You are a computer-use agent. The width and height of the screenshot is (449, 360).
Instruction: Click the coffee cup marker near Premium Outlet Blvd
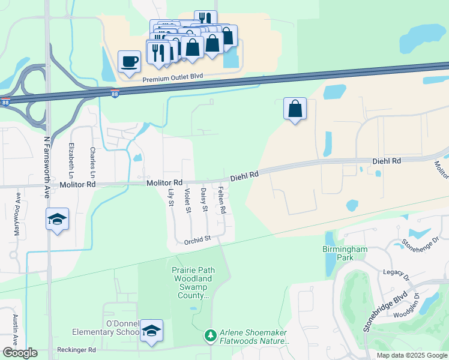coord(130,61)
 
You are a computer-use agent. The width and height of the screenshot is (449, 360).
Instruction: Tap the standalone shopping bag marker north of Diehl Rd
coord(295,109)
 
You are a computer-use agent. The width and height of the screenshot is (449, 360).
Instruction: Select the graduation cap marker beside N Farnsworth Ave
coord(57,219)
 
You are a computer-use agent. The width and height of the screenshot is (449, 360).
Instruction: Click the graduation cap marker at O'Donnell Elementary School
coord(152,331)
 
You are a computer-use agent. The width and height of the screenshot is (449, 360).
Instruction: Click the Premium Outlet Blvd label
coord(173,77)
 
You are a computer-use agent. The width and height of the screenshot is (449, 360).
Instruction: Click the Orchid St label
coord(197,239)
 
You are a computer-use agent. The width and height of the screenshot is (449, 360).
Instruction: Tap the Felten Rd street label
coord(221,201)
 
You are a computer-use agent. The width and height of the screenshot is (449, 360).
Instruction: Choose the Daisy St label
coord(204,200)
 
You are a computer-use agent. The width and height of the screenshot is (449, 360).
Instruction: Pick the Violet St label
coord(188,200)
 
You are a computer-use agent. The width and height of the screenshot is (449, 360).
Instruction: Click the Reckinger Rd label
coord(76,350)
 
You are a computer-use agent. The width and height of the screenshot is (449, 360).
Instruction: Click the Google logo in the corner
coord(20,353)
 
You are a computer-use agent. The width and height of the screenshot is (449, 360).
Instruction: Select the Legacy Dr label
coord(396,273)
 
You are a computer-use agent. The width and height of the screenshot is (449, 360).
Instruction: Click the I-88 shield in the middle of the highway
coord(115,94)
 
